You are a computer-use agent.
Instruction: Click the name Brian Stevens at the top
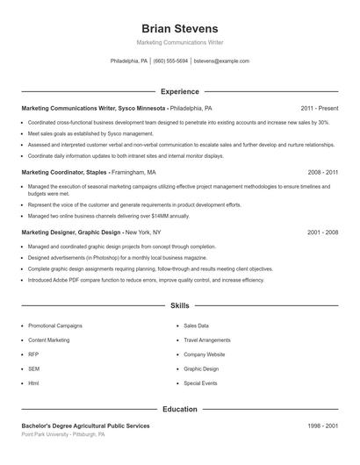[x=179, y=29]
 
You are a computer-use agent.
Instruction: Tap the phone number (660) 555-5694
[x=170, y=61]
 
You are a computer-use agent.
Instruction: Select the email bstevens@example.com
[x=221, y=61]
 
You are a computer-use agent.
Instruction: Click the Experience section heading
[x=179, y=91]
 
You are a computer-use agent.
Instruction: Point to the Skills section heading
[x=179, y=306]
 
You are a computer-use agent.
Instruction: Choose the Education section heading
[x=179, y=409]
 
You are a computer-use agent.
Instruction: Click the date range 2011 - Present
[x=319, y=108]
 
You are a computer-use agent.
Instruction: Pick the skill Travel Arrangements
[x=208, y=340]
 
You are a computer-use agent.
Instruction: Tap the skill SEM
[x=33, y=368]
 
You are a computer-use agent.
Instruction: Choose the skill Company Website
[x=204, y=354]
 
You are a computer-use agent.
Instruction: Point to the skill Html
[x=33, y=383]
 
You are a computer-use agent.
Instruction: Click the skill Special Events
[x=201, y=383]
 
